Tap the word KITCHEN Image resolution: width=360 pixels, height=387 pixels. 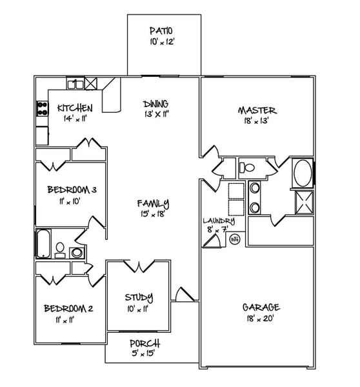pos(75,108)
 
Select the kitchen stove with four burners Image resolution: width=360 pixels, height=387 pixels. pos(43,109)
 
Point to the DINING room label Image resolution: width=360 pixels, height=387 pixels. pos(155,103)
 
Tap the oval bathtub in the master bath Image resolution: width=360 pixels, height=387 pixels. pos(301,174)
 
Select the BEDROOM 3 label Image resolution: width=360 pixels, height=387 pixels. pos(72,190)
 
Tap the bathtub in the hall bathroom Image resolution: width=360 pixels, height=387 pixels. pos(44,243)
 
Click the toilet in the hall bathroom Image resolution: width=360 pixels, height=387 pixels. pos(59,248)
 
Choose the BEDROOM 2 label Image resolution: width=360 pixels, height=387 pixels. pos(69,308)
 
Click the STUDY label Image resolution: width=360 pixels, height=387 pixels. pos(139,297)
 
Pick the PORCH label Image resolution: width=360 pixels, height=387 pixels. pos(145,344)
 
